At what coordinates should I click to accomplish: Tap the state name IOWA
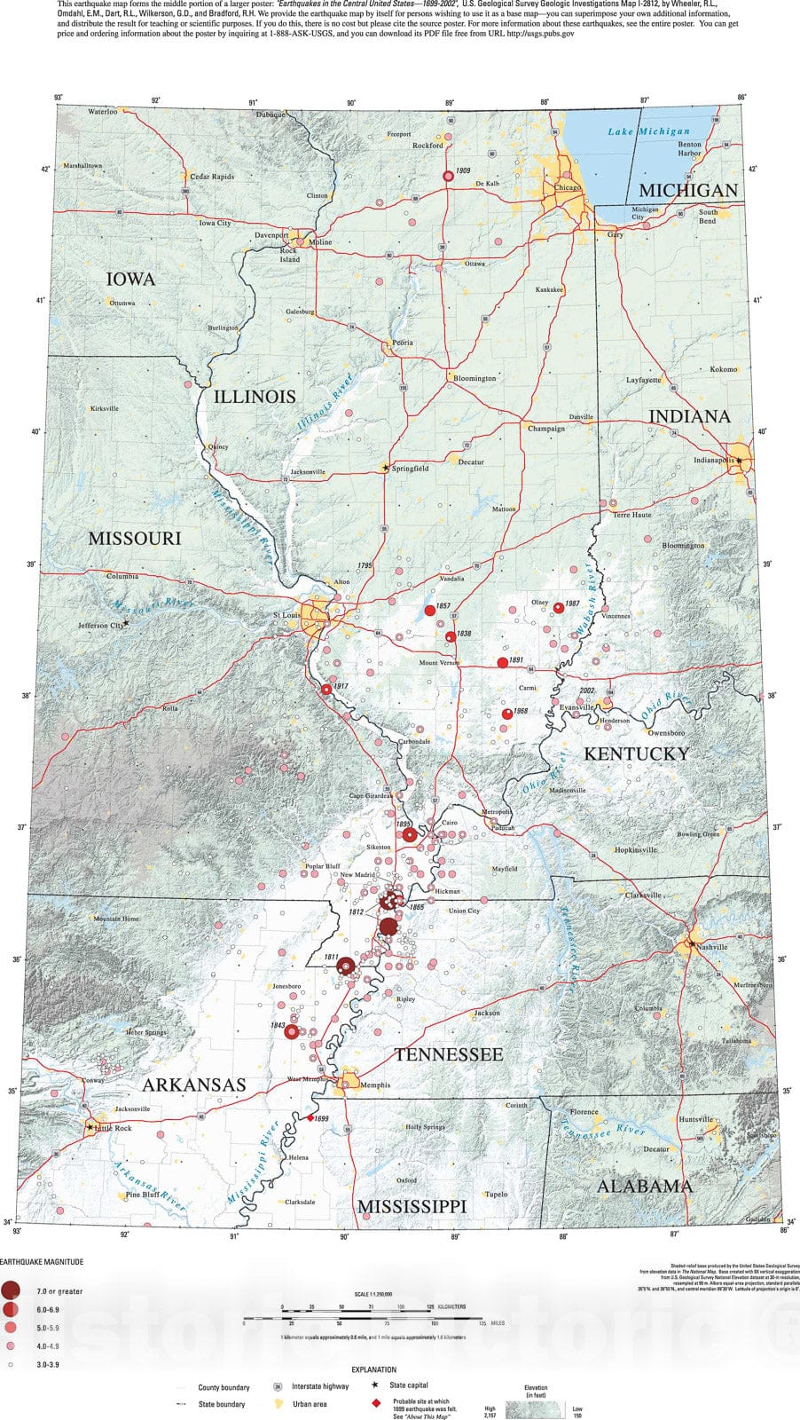tap(130, 279)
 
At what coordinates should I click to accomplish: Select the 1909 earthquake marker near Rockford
tap(449, 177)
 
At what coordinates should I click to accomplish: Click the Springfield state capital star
tap(385, 468)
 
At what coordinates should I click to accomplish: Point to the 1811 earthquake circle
tap(347, 966)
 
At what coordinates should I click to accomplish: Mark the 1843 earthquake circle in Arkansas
tap(292, 1031)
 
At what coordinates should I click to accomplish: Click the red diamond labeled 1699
tap(310, 1118)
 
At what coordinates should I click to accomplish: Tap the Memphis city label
tap(375, 1085)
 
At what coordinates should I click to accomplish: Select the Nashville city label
tap(712, 947)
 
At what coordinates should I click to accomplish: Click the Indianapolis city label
tap(714, 461)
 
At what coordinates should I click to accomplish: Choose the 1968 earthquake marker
tap(507, 714)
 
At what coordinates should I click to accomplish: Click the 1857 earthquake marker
tap(430, 611)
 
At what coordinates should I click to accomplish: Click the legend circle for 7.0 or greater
tap(12, 1290)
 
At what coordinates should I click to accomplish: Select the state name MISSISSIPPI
tap(412, 1206)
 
